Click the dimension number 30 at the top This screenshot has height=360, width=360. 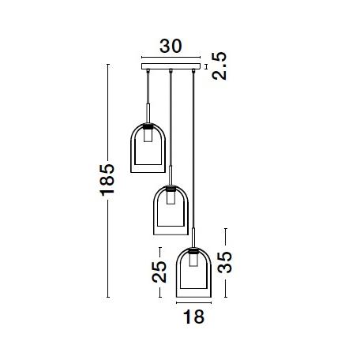point(170,46)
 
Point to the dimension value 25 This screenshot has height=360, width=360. point(159,271)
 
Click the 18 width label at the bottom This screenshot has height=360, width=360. point(193,317)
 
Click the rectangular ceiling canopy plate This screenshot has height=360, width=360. point(170,69)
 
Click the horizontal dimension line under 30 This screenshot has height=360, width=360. point(170,58)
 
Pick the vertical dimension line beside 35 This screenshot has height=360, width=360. point(225,264)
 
